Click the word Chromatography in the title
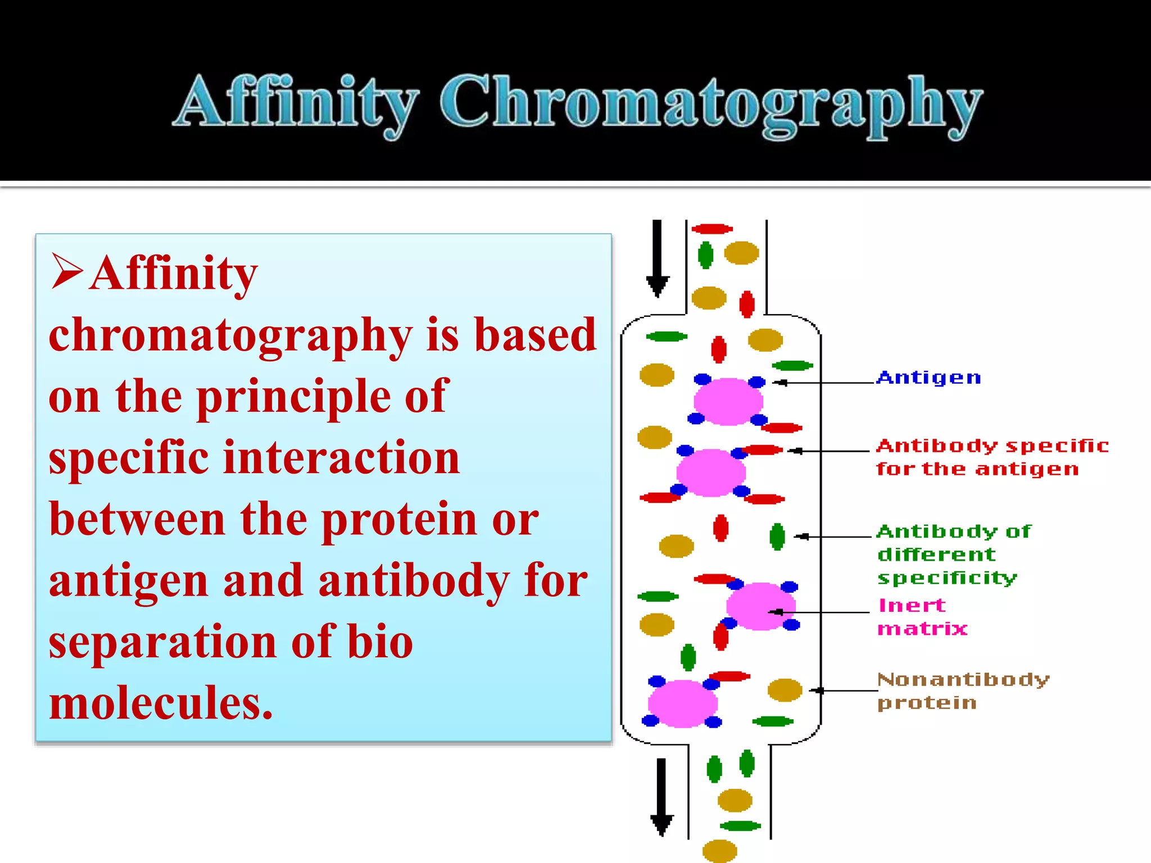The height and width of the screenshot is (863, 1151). pos(711,104)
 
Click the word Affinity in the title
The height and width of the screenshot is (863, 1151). pos(296,104)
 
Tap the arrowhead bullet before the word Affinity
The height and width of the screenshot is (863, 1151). pos(67,271)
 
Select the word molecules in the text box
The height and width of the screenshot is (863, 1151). pos(161,703)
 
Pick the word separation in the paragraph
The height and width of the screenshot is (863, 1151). pos(162,642)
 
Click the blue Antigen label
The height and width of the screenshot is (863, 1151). pos(928,378)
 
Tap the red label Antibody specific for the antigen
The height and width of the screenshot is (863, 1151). pos(991,457)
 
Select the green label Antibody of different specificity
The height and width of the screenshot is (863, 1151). pos(953,554)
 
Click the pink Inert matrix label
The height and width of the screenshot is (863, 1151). pos(922,616)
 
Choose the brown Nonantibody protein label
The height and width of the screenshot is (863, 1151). pos(962,691)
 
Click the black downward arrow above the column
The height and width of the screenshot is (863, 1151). pos(657,258)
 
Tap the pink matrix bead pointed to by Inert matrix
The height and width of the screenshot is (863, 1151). pos(760,606)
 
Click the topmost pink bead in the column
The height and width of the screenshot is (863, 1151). pos(728,401)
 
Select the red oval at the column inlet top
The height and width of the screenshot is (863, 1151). pos(712,229)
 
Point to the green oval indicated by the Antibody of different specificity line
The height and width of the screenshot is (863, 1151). pos(777,537)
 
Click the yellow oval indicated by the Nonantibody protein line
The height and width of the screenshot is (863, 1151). pos(785,690)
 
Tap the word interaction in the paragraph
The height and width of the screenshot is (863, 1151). pos(342,458)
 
